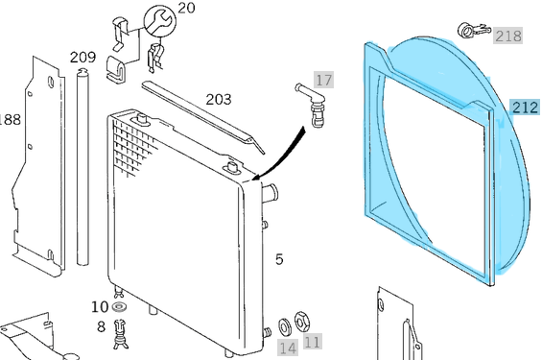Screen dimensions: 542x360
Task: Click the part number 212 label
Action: coord(525,108)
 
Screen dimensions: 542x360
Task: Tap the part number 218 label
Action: coord(507,36)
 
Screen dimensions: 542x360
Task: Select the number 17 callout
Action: coord(323,80)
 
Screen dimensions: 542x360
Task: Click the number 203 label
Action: coord(219,100)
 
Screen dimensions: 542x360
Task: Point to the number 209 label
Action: coord(82,57)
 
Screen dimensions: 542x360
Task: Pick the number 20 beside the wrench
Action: coord(186,8)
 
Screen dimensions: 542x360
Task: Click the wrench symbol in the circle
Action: coord(159,21)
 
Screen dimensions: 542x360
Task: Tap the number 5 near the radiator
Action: coord(279,259)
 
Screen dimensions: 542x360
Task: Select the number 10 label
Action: coord(100,307)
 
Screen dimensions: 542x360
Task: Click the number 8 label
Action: coord(101,326)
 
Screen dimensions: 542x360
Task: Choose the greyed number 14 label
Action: coord(288,348)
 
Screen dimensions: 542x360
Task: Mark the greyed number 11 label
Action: coord(312,342)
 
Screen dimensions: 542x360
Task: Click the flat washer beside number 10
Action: coord(119,307)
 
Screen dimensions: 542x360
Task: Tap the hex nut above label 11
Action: coord(302,321)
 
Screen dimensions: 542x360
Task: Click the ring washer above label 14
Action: coord(285,326)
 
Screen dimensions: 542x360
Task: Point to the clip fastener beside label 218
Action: coord(474,31)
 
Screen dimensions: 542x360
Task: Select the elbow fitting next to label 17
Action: coord(311,103)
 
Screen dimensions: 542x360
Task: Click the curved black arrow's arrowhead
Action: coord(257,176)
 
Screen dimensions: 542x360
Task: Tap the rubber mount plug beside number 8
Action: coord(121,334)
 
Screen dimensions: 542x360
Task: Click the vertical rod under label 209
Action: coord(82,167)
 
